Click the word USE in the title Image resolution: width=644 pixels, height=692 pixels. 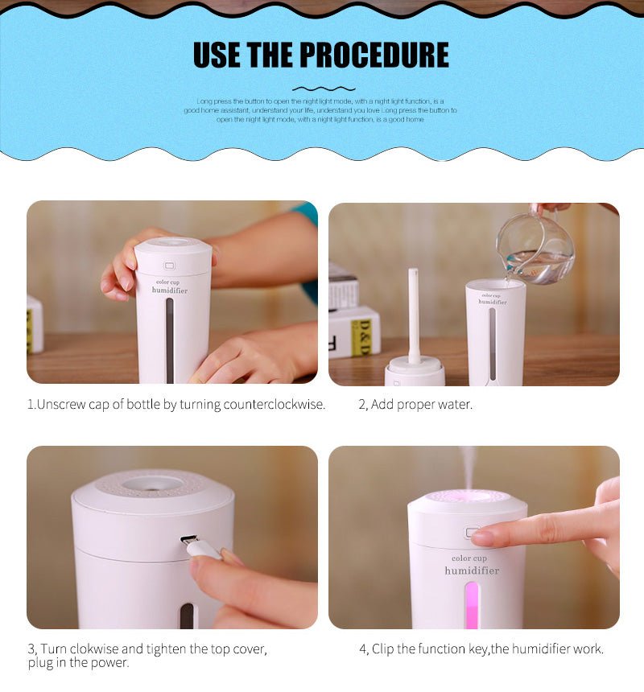point(217,56)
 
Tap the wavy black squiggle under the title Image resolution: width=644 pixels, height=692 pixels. point(323,88)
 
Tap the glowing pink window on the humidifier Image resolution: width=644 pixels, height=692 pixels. point(472,604)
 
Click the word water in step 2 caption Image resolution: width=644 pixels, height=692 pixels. point(456,405)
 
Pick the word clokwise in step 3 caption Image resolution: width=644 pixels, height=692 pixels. point(93,649)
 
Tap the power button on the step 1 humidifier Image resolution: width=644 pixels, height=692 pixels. point(170,266)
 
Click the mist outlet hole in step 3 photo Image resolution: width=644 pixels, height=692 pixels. point(153,484)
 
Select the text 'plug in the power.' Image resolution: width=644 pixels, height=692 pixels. point(77,663)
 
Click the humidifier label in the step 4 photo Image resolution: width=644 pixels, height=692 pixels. point(472,570)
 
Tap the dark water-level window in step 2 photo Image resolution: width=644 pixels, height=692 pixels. point(493,343)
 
